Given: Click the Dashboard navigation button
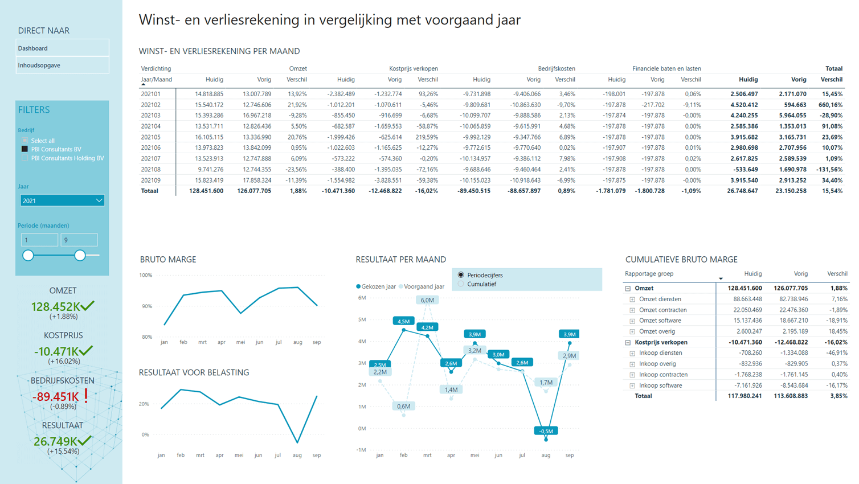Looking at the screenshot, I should click(62, 48).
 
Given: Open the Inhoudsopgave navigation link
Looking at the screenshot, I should click(62, 65).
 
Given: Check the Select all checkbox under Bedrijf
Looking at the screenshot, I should click(24, 141).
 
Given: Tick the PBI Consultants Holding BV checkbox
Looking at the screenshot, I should click(24, 158).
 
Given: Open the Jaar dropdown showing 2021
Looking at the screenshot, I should click(62, 200).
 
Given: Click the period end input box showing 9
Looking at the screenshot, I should click(79, 240).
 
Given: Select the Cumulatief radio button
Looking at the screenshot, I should click(461, 284).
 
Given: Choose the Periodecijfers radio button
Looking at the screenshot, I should click(461, 275).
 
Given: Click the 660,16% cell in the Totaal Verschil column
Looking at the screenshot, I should click(831, 105).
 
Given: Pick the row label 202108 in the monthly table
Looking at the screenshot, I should click(151, 169).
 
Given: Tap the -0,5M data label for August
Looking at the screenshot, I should click(546, 431).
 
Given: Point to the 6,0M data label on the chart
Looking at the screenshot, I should click(427, 300).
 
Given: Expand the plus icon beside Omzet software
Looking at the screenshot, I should click(632, 321).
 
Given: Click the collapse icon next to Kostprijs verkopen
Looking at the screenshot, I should click(628, 343).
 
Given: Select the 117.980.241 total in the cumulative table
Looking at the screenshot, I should click(745, 396).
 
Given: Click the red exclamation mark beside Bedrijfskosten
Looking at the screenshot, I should click(86, 396).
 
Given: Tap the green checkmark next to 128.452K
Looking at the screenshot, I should click(88, 306).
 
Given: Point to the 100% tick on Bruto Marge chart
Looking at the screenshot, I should click(146, 276).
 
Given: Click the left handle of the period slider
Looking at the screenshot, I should click(28, 256).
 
